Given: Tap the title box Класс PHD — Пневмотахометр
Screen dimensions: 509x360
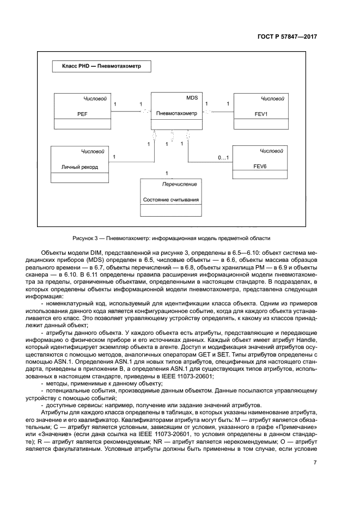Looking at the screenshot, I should pyautogui.click(x=101, y=68).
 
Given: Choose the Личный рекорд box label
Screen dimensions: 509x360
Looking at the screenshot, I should pyautogui.click(x=80, y=167).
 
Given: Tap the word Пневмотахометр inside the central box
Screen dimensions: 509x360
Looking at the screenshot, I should pyautogui.click(x=176, y=114).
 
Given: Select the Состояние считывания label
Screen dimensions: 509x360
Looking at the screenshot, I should pyautogui.click(x=171, y=200).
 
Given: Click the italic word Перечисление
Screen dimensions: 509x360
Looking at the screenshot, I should pyautogui.click(x=179, y=184).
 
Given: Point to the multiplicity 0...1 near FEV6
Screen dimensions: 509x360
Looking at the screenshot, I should pyautogui.click(x=223, y=158).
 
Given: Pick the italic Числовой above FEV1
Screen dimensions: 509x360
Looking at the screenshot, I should pyautogui.click(x=272, y=99).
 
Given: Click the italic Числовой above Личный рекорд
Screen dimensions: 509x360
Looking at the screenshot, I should pyautogui.click(x=92, y=151).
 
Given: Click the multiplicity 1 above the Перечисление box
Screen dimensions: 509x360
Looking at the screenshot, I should pyautogui.click(x=167, y=173).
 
